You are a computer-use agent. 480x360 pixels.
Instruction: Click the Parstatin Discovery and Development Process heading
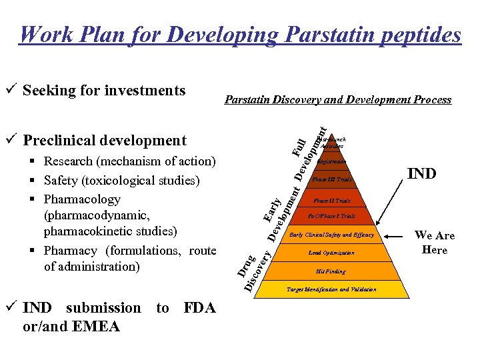[338, 100]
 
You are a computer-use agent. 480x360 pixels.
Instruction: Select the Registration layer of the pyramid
[331, 161]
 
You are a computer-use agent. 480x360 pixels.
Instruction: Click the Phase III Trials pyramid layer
[331, 180]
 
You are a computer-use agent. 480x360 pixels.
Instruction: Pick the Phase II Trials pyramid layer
[331, 200]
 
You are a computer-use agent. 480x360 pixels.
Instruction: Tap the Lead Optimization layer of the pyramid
[331, 253]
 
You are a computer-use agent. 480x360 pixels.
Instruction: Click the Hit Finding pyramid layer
[331, 271]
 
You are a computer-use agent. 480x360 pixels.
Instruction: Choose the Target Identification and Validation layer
[331, 289]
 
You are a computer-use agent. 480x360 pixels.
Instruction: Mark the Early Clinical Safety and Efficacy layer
[331, 235]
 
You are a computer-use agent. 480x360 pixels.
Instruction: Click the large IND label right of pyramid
[422, 174]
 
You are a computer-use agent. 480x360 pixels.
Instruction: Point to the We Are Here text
[434, 243]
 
